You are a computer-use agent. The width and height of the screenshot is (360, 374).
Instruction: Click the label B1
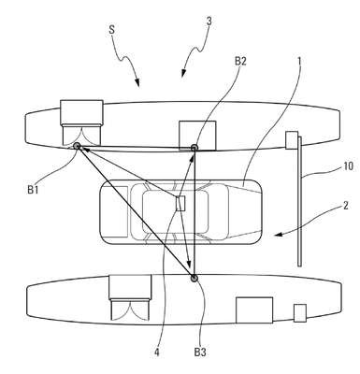point(34,190)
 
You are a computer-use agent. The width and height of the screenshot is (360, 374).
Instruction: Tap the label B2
point(240,61)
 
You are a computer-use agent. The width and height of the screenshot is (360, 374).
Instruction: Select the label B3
point(200,352)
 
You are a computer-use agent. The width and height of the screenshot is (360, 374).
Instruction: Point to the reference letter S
point(112,30)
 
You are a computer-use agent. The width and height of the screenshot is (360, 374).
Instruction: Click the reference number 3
point(209,22)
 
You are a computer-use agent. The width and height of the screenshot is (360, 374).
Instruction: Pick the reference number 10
point(348,166)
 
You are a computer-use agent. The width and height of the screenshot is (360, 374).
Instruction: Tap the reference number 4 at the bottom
point(157,352)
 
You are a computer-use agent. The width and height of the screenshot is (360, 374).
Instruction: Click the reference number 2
point(346,206)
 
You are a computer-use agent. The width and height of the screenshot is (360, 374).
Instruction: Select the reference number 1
point(299,61)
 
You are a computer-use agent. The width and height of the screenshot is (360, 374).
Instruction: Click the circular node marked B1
point(77,146)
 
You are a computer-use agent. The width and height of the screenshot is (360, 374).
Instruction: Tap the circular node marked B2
point(194,147)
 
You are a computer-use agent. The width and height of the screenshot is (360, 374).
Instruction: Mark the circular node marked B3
point(194,278)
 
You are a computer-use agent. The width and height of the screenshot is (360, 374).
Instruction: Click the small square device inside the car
point(180,204)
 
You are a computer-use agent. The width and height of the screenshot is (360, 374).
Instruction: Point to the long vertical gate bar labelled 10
point(299,201)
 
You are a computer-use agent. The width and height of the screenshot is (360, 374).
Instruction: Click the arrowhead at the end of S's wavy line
point(137,82)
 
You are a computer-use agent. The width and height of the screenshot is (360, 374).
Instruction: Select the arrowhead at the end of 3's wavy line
point(183,73)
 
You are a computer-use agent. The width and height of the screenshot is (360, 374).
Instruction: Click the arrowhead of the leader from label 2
point(278,236)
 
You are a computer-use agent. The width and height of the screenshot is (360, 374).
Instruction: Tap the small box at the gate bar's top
point(292,140)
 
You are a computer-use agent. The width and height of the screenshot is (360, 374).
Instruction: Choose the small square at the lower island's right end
point(300,313)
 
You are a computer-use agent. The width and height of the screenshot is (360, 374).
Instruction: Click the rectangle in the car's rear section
point(115,211)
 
